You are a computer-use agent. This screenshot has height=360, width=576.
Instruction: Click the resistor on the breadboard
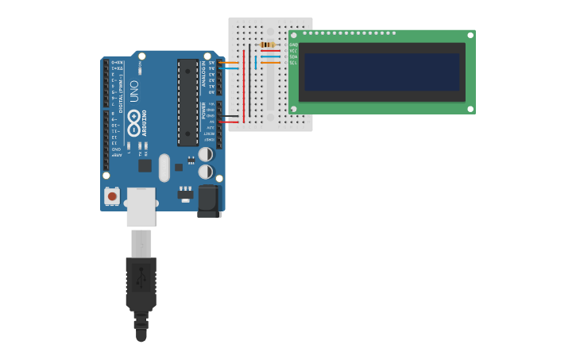coord(267,45)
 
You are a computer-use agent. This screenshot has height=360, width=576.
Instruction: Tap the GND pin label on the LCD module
coord(293,45)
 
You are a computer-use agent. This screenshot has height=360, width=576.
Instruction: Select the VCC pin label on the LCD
coord(293,51)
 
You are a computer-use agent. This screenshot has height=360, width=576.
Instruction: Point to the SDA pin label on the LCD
coord(293,56)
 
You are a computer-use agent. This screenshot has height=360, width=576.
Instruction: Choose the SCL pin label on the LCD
coord(293,63)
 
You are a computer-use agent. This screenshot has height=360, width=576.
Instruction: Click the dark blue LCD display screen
coord(381,72)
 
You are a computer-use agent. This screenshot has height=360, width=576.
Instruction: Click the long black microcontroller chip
coord(187,102)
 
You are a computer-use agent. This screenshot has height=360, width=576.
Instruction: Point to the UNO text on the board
coord(133,91)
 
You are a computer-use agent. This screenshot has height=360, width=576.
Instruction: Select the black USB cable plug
coord(141,286)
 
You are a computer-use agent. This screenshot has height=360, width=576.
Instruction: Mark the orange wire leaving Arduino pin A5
coord(228,62)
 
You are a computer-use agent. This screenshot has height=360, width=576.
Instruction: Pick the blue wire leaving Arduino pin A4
coord(228,68)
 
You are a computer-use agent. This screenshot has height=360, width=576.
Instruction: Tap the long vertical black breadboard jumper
coord(249,83)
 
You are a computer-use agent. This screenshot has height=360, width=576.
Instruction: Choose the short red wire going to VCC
coord(270,51)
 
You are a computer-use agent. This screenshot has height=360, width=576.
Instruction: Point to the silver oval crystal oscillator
coord(164,168)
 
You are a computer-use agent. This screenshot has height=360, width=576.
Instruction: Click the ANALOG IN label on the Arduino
coord(203,74)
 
